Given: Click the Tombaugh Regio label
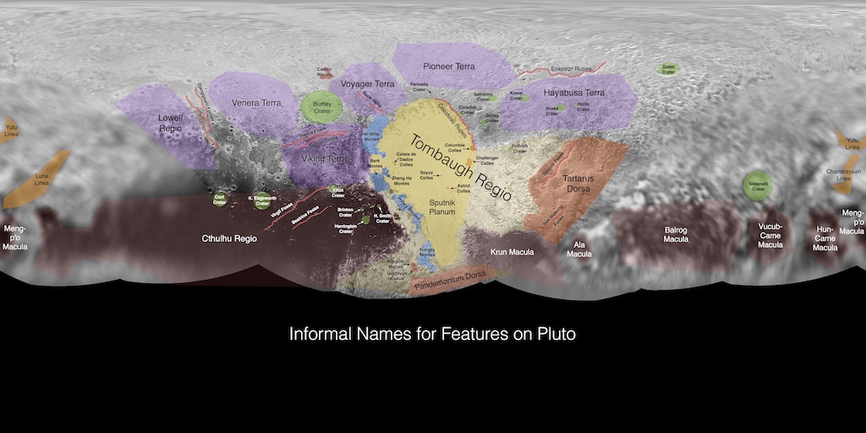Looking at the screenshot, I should (x=461, y=165).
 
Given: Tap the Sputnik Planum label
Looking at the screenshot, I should (x=442, y=207).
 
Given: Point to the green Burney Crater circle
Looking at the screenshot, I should (x=321, y=107).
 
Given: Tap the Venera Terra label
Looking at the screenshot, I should (x=256, y=103).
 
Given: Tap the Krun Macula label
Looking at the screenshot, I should (x=512, y=252).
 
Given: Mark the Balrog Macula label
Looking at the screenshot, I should (x=676, y=233).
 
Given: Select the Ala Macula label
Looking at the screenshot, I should (x=578, y=249).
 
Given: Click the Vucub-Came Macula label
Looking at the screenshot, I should (x=770, y=236).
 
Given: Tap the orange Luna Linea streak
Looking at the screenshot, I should (x=37, y=179).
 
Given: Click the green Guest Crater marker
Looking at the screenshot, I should (x=668, y=69).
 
